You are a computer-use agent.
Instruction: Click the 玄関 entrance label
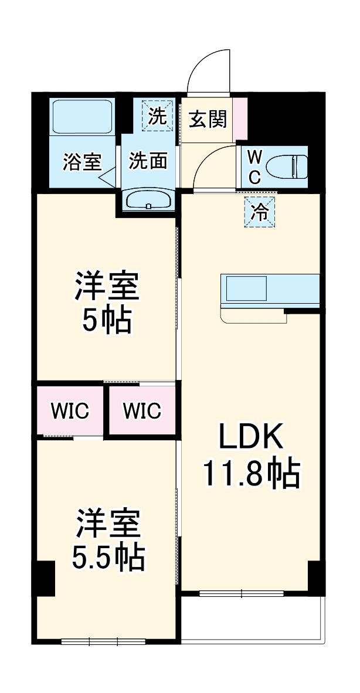click(x=207, y=120)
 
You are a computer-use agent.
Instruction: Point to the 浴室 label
click(x=82, y=161)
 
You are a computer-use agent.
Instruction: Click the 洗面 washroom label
click(x=148, y=161)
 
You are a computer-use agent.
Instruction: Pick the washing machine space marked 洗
click(x=157, y=116)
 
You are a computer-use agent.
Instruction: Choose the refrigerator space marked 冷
click(x=259, y=212)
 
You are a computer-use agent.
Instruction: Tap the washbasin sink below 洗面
click(x=148, y=199)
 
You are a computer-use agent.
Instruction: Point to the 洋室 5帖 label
click(x=107, y=301)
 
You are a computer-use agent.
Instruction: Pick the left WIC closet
click(x=70, y=410)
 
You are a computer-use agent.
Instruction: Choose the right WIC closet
click(x=142, y=410)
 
